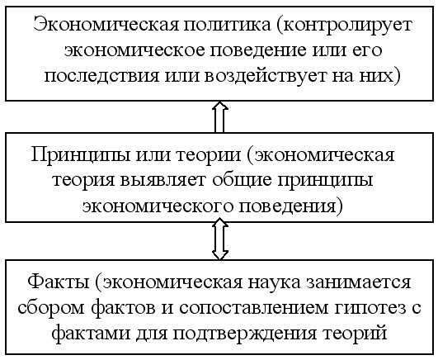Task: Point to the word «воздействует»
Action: [266, 76]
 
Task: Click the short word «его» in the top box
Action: [368, 51]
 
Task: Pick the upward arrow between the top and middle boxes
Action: [220, 116]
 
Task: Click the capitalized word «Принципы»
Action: [81, 155]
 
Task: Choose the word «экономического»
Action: [158, 206]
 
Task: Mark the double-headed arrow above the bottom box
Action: [220, 239]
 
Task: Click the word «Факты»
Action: [59, 282]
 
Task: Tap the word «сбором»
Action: [52, 308]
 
